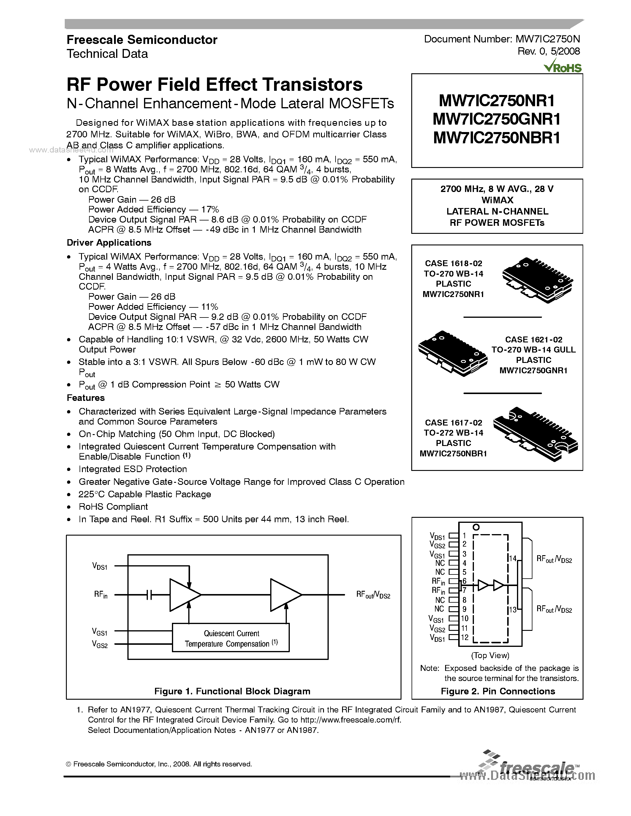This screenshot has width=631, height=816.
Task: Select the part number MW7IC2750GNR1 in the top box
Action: coord(497,120)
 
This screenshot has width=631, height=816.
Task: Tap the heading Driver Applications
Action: coord(109,243)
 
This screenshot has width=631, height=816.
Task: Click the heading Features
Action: coord(86,398)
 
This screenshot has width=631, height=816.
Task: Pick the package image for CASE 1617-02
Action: coord(535,434)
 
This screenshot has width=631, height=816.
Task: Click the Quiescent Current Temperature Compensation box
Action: coord(231,638)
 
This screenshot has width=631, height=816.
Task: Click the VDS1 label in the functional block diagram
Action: coord(100,566)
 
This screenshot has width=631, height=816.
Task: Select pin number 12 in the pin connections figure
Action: coord(465,637)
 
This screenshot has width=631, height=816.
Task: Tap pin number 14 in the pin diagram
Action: coord(513,558)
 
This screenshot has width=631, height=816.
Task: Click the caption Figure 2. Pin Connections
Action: coord(498,691)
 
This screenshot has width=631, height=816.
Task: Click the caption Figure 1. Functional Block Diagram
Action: coord(232,691)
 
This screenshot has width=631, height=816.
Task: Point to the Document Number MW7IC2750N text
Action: coord(502,39)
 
